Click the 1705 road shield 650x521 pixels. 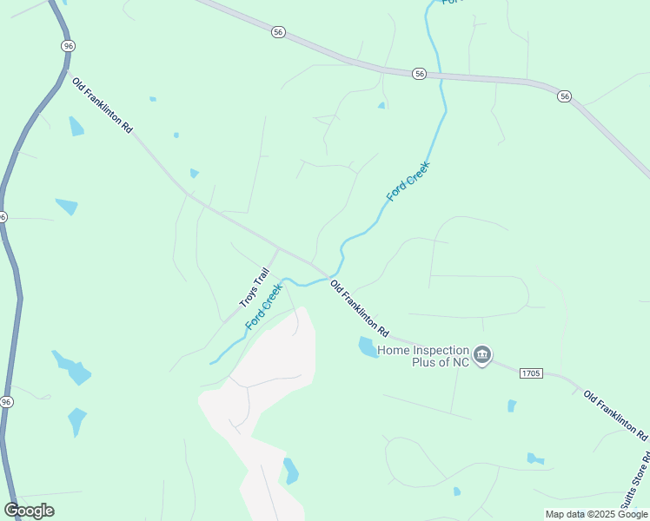(x=531, y=373)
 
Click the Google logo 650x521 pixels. (x=29, y=511)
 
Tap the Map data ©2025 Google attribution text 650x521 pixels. (x=596, y=514)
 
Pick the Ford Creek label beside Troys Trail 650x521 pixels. (x=264, y=305)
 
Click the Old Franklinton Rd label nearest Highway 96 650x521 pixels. (x=103, y=105)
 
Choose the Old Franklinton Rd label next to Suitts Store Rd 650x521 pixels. (x=615, y=414)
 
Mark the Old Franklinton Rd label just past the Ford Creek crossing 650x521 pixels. (x=359, y=307)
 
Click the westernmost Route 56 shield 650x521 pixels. (x=277, y=31)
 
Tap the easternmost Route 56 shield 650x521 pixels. (x=565, y=96)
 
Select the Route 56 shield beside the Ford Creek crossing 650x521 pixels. (x=419, y=74)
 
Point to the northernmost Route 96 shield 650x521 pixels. (x=68, y=44)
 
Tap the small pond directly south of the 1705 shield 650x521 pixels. (x=512, y=406)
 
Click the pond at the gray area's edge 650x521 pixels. (x=291, y=471)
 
